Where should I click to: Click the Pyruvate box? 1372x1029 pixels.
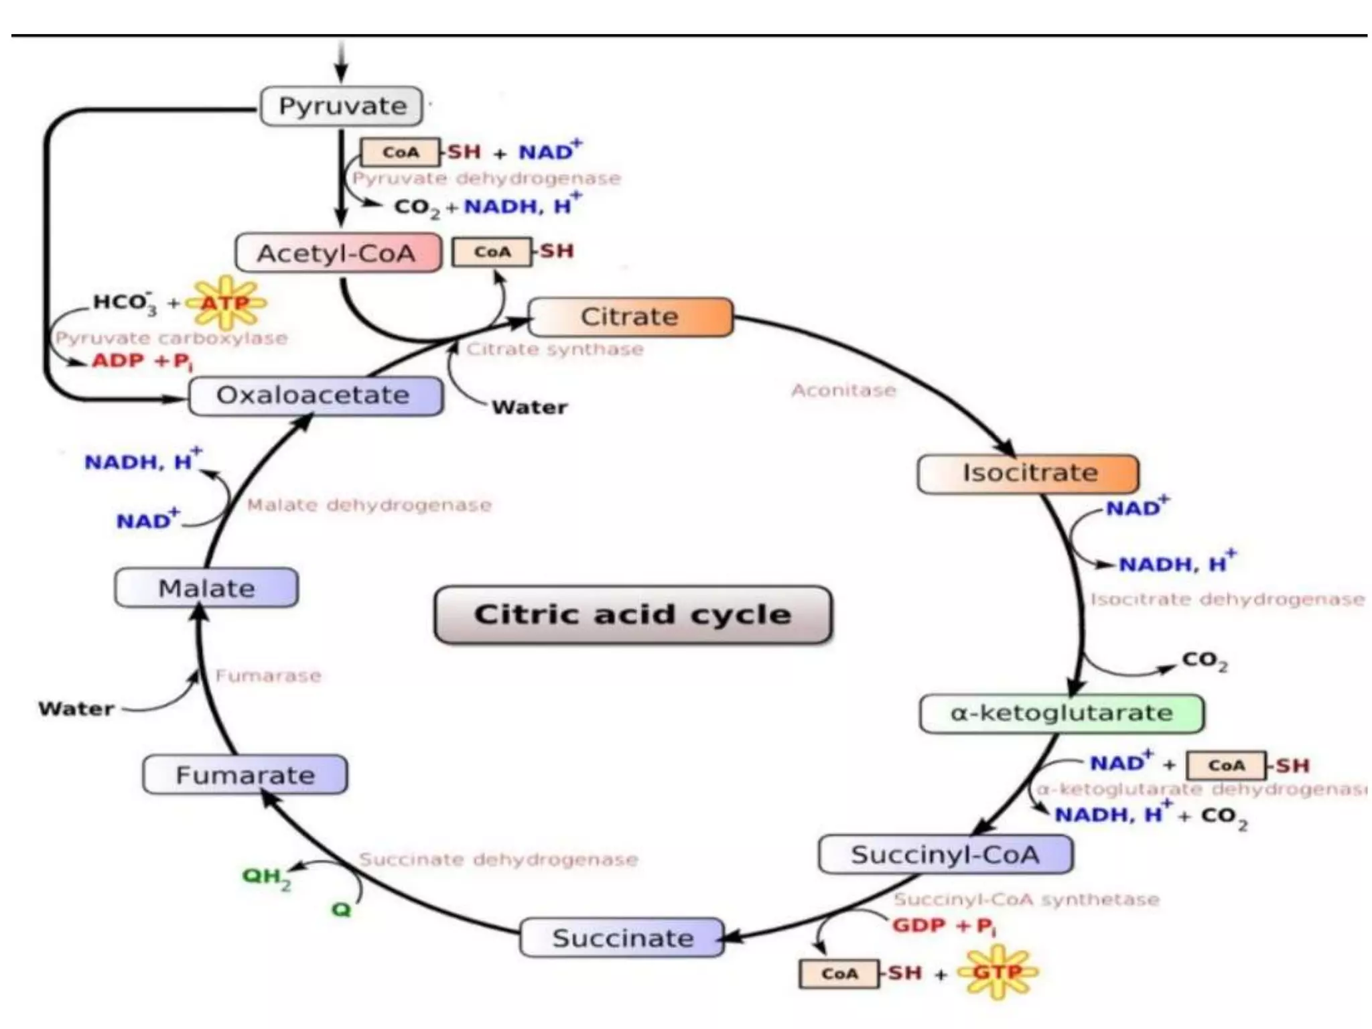[x=341, y=106]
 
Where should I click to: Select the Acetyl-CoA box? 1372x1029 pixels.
[x=338, y=253]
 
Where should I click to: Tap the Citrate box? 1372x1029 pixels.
[x=630, y=317]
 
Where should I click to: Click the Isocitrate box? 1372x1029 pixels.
[x=1028, y=474]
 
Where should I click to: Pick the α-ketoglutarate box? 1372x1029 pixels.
[x=1061, y=713]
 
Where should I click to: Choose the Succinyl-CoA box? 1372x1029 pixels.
[x=945, y=855]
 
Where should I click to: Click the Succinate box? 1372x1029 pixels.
[x=622, y=938]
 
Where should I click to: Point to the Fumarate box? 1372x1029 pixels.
[x=245, y=775]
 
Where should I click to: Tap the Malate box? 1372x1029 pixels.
[x=206, y=588]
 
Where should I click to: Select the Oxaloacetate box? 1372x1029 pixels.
[x=316, y=395]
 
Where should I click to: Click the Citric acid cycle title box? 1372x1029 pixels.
[x=633, y=615]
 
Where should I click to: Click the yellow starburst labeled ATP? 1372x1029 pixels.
[x=226, y=303]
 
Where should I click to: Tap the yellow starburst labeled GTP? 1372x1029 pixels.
[x=997, y=972]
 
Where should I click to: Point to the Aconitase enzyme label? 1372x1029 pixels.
[x=843, y=391]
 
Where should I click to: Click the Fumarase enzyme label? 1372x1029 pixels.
[x=268, y=675]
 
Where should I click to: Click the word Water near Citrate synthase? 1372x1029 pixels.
[x=529, y=407]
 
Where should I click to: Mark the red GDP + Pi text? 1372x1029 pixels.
[x=944, y=927]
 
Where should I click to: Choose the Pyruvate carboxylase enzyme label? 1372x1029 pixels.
[x=171, y=338]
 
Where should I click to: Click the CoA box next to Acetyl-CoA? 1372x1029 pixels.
[x=492, y=253]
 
